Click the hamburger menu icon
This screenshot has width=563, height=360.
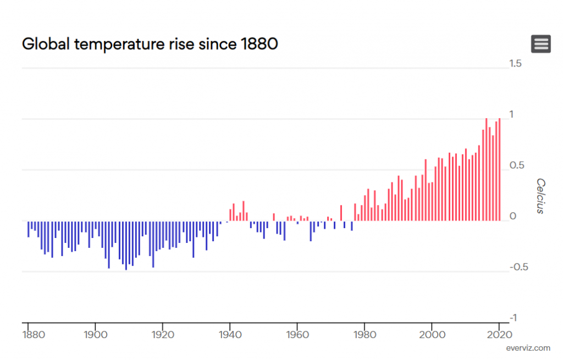pyautogui.click(x=541, y=44)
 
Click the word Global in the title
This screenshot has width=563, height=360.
pyautogui.click(x=46, y=44)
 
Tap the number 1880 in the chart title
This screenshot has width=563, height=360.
pyautogui.click(x=259, y=44)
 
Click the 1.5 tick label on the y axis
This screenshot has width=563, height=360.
pyautogui.click(x=515, y=64)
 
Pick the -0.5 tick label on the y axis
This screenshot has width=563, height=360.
pyautogui.click(x=518, y=267)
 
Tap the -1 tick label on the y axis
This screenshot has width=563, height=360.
pyautogui.click(x=513, y=318)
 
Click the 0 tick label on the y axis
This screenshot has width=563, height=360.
pyautogui.click(x=513, y=217)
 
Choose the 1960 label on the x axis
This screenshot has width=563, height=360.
pyautogui.click(x=297, y=334)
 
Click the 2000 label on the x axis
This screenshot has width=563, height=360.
pyautogui.click(x=432, y=334)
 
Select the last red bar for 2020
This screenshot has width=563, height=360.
pyautogui.click(x=499, y=170)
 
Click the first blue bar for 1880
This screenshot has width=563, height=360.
pyautogui.click(x=29, y=229)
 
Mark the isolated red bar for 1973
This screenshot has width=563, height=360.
pyautogui.click(x=341, y=213)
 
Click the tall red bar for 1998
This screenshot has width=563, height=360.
pyautogui.click(x=426, y=190)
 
